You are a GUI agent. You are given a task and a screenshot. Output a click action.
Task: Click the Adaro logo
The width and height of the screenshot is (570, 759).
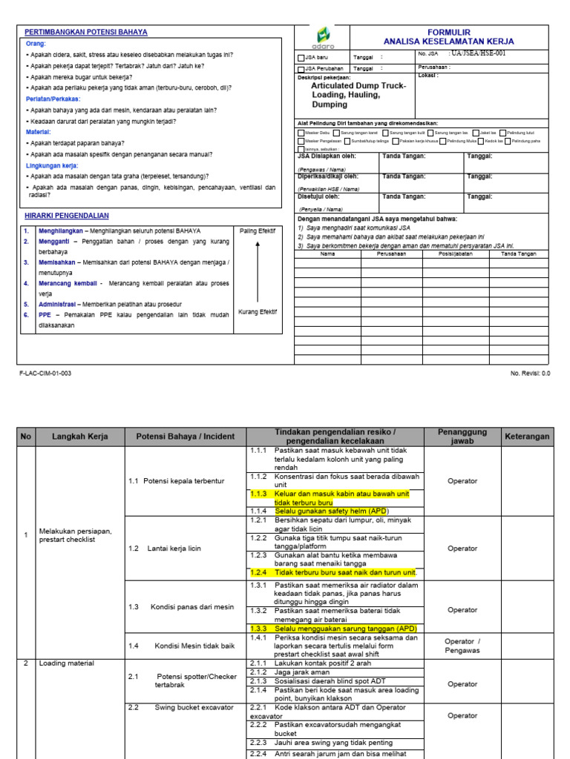[324, 37]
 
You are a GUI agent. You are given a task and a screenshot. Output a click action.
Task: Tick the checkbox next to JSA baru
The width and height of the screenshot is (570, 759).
[301, 57]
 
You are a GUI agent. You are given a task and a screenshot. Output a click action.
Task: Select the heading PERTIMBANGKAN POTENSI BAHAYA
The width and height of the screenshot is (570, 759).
[86, 33]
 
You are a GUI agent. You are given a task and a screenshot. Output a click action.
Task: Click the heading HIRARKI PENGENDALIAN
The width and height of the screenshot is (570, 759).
[67, 216]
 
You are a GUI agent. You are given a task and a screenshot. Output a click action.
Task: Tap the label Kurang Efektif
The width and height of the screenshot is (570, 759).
[257, 312]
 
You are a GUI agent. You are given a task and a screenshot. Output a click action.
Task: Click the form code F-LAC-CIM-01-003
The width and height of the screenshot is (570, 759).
[45, 374]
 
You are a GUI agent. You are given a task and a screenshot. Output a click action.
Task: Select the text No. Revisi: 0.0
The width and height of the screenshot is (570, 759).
[530, 374]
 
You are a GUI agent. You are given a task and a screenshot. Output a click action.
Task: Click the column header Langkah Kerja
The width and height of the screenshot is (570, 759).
[79, 437]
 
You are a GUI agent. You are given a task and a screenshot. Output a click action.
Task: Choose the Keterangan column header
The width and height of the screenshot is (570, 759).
[527, 437]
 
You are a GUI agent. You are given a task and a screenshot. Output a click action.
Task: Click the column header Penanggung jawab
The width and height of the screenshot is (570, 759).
[462, 437]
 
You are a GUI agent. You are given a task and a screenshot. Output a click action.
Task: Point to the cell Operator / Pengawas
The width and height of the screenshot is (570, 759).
[462, 646]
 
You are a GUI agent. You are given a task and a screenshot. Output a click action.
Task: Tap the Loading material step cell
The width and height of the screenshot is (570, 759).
[68, 663]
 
